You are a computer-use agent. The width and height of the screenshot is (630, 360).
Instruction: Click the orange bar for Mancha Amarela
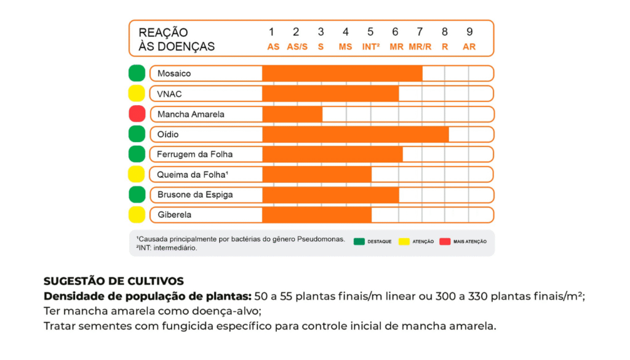tap(292, 114)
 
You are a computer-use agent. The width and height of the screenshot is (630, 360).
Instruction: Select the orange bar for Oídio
tap(356, 134)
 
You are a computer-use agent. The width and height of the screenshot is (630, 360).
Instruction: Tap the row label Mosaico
tap(174, 73)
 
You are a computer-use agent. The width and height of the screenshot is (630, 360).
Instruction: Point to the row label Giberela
tap(174, 215)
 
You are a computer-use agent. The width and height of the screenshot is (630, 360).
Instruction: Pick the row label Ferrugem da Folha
tap(195, 154)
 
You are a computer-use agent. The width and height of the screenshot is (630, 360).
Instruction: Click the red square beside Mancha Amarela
tap(137, 114)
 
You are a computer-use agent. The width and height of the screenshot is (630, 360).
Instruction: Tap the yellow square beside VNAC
tap(137, 94)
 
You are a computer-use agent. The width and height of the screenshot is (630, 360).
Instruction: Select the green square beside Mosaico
tap(137, 73)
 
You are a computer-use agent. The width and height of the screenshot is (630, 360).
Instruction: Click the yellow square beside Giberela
tap(137, 215)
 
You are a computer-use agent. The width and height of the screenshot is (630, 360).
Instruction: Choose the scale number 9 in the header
tap(469, 32)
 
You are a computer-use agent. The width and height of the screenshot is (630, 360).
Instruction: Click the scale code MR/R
tap(420, 47)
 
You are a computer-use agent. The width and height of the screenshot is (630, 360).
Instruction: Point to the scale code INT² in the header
tap(370, 47)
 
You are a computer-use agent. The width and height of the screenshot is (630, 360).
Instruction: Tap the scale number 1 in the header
tap(271, 32)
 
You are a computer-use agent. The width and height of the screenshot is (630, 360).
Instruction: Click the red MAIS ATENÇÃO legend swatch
tap(445, 241)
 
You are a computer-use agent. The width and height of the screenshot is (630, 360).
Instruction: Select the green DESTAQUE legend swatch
tap(359, 241)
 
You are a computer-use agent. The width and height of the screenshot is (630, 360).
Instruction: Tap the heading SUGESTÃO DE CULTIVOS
tap(114, 281)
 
